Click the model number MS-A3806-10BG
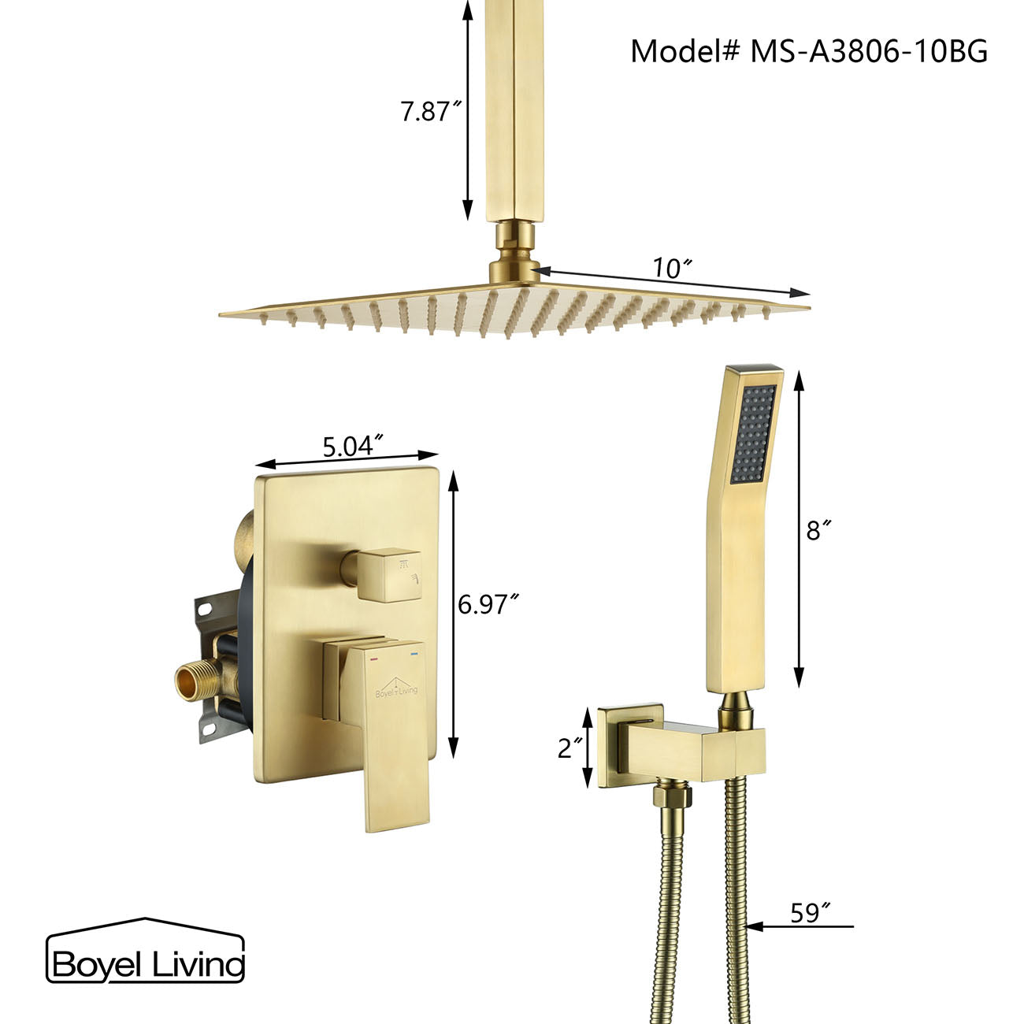809,52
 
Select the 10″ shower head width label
670,269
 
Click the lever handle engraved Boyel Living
394,725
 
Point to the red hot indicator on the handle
374,654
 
